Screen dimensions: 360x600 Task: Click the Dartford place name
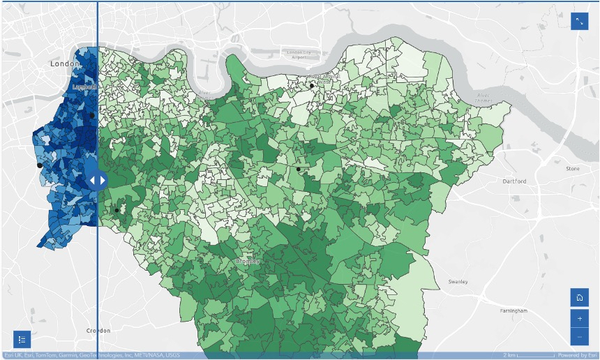click(x=515, y=181)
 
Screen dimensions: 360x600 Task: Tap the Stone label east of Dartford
click(x=572, y=169)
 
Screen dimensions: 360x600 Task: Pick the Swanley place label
click(x=458, y=282)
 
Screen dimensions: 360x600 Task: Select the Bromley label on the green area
click(x=248, y=261)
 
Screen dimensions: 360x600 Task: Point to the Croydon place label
click(x=98, y=330)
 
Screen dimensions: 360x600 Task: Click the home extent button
click(x=580, y=297)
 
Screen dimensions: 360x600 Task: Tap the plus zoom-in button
click(x=580, y=318)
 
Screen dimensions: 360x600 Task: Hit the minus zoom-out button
click(x=580, y=338)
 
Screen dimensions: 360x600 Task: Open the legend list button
click(x=22, y=340)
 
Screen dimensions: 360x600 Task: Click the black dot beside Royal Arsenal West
click(x=312, y=86)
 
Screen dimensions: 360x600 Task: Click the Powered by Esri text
click(x=577, y=356)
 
